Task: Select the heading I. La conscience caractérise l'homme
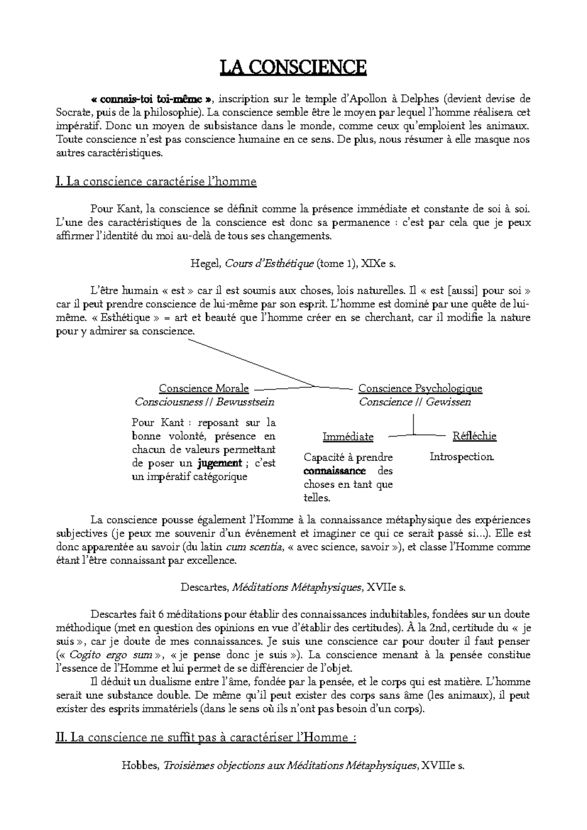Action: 157,182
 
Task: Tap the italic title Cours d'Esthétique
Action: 269,264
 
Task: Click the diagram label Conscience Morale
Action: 204,389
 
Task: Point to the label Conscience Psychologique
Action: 420,389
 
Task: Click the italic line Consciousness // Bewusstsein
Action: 204,402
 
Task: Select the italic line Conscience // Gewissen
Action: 415,402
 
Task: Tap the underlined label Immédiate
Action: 348,437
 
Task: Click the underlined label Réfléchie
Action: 474,436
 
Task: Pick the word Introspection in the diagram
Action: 462,457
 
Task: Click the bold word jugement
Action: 220,463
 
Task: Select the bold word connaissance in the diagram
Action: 335,471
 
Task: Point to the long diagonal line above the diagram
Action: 249,361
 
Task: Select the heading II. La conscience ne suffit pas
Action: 206,738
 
